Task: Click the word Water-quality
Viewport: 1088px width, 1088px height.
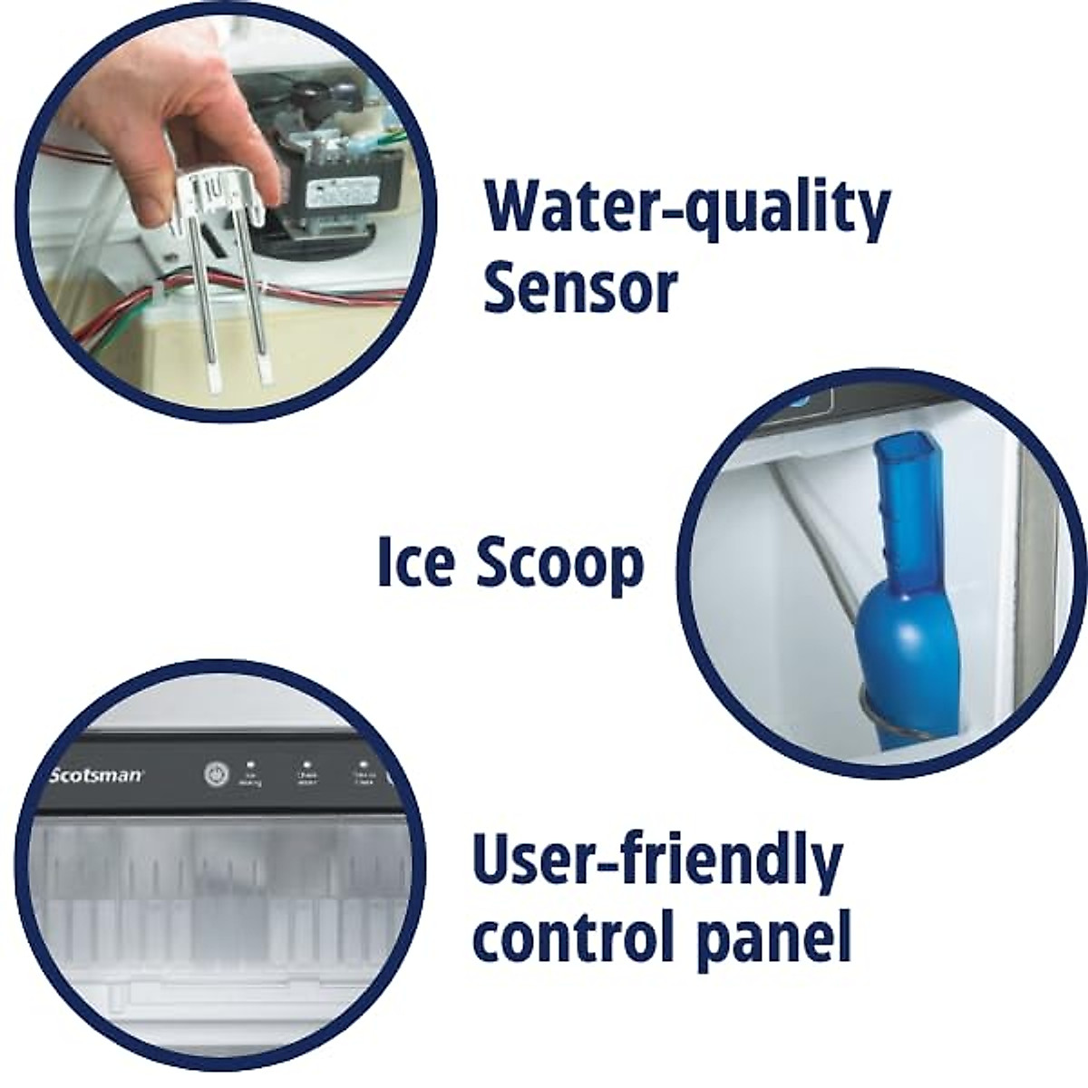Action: coord(686,209)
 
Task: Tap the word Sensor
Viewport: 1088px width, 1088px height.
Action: coord(580,287)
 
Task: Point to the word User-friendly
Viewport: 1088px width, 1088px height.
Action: coord(657,862)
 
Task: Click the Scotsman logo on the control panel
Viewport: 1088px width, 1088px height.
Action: coord(95,775)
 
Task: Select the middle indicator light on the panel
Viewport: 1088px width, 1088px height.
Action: coord(306,765)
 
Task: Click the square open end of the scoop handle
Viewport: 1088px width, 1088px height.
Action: coord(891,452)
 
